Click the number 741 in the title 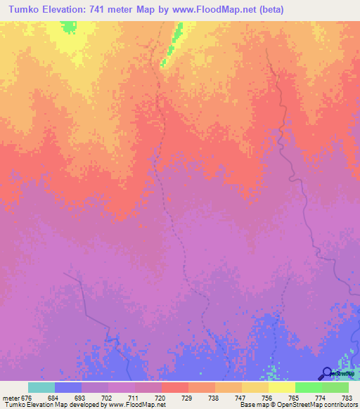[x=116, y=9]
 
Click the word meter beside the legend [x=11, y=396]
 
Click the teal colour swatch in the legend [x=41, y=387]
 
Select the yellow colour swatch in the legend [x=282, y=387]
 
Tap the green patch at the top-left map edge [x=68, y=27]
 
